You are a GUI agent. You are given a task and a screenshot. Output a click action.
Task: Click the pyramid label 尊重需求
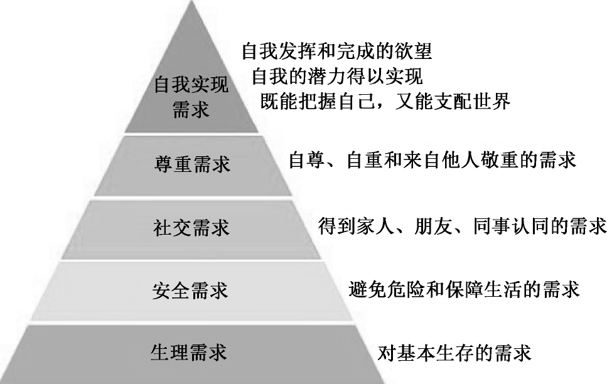pos(192,164)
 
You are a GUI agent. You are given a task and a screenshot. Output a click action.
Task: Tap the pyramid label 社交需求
pos(192,227)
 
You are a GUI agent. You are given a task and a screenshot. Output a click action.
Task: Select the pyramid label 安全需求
pos(190,290)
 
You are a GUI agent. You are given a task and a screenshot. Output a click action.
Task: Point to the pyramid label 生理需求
pos(189,352)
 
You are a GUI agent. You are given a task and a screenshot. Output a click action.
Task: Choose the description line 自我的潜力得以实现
pos(336,77)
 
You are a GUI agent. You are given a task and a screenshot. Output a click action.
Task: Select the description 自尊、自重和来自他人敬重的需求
pos(432,161)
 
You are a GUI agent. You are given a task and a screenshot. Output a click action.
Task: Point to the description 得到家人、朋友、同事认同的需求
pos(462,225)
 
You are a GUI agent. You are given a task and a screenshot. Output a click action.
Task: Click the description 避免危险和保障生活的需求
pos(464,289)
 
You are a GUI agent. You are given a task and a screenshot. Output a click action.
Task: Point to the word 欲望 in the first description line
pos(417,50)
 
